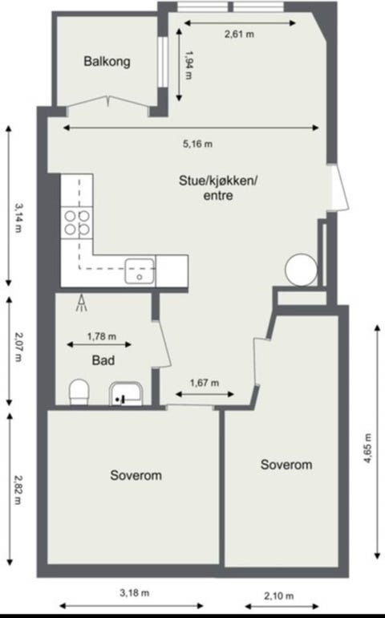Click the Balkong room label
coord(107,61)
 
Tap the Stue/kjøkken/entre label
coord(217,188)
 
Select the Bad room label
coord(102,360)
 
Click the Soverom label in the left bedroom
coord(136,475)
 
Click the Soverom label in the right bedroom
coord(286,465)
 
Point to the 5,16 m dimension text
coord(197,144)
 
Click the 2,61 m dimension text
coord(238,35)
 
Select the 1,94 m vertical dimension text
coord(189,66)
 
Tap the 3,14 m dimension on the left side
coord(18,217)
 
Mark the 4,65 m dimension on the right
coord(367,459)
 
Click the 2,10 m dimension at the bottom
coord(278,596)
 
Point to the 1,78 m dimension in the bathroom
coord(101,336)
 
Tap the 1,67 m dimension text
coord(205,383)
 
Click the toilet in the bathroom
coord(79,392)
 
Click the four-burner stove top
coord(77,222)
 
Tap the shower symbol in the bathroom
coord(81,303)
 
